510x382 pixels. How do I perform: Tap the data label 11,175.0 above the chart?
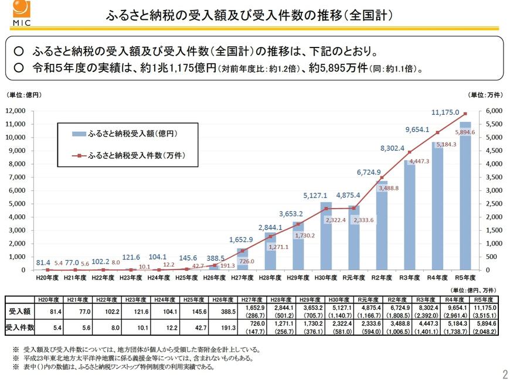445,112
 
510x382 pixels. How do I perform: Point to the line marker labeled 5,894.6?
465,114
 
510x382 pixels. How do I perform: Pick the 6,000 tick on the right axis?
494,111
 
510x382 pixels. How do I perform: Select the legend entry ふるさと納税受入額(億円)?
132,134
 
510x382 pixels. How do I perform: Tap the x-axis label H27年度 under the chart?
243,278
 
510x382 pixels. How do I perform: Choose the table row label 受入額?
19,311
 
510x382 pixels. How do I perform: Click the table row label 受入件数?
19,327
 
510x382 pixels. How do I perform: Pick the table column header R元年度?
354,299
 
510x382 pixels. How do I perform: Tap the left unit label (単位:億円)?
24,94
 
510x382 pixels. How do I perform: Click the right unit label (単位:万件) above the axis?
486,94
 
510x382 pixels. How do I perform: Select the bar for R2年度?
382,228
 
